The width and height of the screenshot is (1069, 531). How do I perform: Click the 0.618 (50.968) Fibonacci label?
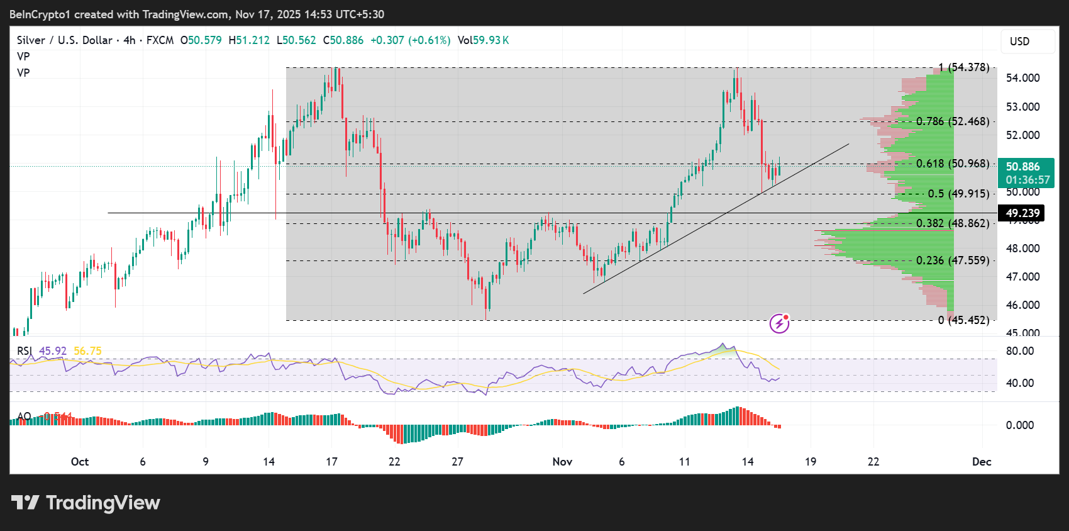tap(952, 164)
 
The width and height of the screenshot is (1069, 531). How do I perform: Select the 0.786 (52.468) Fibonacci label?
tap(952, 121)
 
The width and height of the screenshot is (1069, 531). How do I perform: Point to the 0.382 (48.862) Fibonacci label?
tap(952, 223)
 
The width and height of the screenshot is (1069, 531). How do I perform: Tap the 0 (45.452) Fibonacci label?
tap(963, 320)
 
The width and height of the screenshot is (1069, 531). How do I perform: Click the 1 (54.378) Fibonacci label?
tap(963, 67)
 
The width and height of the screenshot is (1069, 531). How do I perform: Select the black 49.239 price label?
tap(1022, 213)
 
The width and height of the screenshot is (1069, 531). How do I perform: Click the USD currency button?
tap(1020, 42)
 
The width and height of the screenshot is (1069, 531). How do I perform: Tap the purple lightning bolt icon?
tap(780, 323)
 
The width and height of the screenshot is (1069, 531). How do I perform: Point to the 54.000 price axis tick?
tap(1022, 78)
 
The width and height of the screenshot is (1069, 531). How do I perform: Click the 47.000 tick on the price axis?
tap(1022, 277)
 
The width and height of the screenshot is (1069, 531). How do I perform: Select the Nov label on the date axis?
tap(562, 462)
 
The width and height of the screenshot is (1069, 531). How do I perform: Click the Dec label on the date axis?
tap(981, 462)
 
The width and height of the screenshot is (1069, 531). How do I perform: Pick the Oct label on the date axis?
tap(80, 462)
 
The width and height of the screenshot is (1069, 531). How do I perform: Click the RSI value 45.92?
tap(53, 351)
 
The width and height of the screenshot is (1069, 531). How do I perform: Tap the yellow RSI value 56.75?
tap(87, 351)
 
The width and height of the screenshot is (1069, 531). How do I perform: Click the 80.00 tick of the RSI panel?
tap(1019, 351)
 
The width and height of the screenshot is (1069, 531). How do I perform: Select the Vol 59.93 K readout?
tap(483, 40)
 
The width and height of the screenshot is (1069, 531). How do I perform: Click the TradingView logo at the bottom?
tap(86, 503)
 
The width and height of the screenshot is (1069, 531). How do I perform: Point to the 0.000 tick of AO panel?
tap(1019, 425)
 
